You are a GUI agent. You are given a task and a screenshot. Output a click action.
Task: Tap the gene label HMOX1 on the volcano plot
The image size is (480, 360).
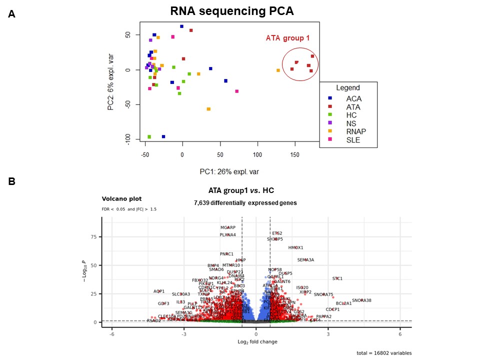point(295,247)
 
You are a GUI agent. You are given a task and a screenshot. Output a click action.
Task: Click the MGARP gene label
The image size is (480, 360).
point(227,227)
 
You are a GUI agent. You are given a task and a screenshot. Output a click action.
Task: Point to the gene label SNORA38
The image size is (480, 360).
point(361,300)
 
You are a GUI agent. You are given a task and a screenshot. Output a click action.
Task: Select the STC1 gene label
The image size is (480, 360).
point(337,278)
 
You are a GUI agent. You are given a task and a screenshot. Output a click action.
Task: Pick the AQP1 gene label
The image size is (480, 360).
point(159,291)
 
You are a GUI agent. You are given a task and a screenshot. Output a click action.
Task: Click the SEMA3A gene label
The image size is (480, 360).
point(305,260)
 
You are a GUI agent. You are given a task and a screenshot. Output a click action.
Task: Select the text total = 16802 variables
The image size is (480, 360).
point(383,353)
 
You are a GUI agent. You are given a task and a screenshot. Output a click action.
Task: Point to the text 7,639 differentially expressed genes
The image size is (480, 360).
point(245,203)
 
